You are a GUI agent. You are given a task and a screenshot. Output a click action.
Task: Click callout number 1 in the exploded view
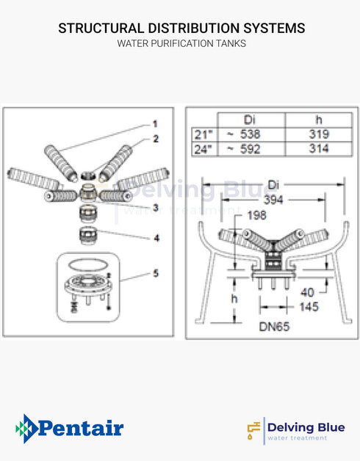155,123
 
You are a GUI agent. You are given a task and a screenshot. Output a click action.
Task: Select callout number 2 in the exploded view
155,137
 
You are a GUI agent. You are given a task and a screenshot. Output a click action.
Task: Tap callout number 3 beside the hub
155,208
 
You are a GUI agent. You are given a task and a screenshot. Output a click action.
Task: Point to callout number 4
155,237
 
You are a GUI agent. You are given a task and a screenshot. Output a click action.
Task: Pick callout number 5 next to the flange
155,273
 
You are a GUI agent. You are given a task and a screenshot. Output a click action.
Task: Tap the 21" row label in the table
203,134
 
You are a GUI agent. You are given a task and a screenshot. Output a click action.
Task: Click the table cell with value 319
319,134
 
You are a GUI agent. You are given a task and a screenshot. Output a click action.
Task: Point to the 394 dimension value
273,200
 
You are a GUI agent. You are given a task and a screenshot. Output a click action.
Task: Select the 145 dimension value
309,307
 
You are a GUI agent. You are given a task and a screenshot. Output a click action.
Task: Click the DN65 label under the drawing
274,325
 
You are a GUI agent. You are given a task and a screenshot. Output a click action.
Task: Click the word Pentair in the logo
79,428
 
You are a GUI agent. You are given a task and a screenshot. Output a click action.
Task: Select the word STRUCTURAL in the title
101,28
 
